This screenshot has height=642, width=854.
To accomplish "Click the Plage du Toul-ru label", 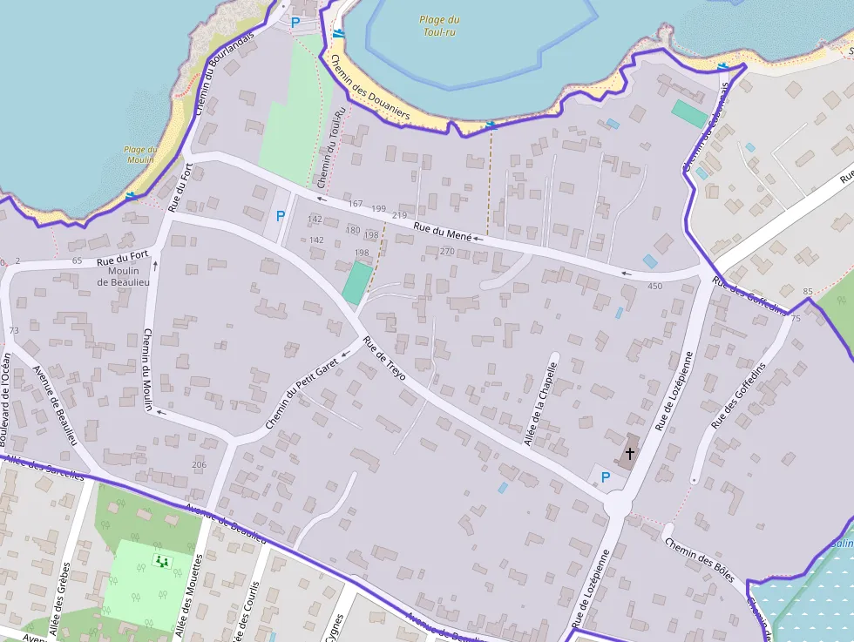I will coord(439,26).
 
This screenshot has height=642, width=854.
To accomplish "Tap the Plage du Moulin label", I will coord(139,154).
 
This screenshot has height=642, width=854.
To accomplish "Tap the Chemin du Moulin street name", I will coord(147,369).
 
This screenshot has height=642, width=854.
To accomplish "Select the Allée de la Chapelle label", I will coord(539,405).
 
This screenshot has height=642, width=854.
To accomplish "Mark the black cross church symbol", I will coord(630,454).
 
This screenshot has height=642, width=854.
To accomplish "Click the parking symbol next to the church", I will coord(606,476).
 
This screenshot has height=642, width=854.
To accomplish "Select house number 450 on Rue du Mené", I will coord(654,286).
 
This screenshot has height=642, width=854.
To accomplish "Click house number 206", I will coord(199,464).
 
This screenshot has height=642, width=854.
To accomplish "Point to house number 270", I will coord(447,251).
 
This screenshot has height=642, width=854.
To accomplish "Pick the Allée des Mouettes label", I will coord(188,598).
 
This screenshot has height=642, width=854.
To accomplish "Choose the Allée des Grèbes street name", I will coord(62,605).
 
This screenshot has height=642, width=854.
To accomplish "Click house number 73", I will coord(13,331).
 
